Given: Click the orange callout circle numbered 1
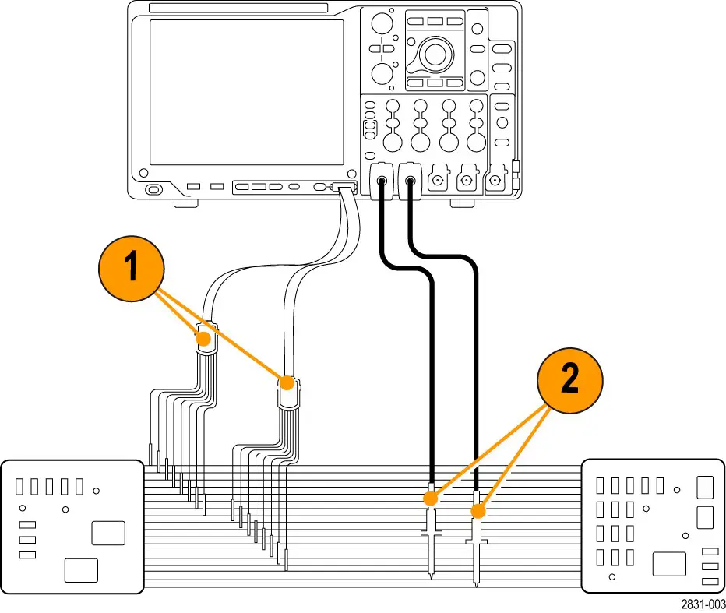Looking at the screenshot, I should [x=131, y=267].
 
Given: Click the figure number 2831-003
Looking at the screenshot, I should [x=703, y=604].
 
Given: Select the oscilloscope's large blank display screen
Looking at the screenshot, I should [x=246, y=92].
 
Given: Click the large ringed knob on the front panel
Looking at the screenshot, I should [x=435, y=54].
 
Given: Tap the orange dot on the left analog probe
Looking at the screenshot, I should [x=430, y=496].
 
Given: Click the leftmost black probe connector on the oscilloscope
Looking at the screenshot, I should [x=381, y=182].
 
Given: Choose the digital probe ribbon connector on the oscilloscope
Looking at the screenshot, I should [x=343, y=188].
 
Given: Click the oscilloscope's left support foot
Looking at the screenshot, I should [x=183, y=204].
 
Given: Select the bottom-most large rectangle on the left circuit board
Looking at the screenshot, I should [x=81, y=570].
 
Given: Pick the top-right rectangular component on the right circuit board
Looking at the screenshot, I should [x=705, y=487].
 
